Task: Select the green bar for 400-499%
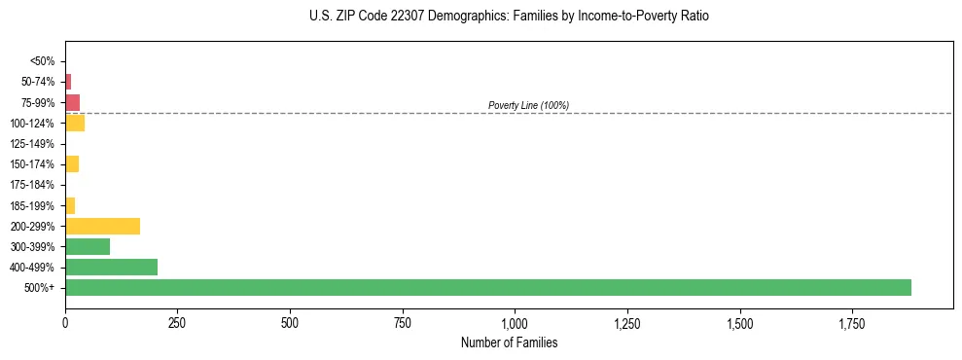pos(111,267)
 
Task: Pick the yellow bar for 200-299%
pos(102,226)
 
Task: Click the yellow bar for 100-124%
pos(75,123)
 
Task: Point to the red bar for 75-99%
pos(72,102)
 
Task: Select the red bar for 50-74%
pos(68,82)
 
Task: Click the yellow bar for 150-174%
pos(72,163)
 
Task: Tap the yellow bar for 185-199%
pos(70,205)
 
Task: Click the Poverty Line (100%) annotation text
pos(528,105)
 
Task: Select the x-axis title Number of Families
pos(509,343)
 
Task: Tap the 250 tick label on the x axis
pos(177,322)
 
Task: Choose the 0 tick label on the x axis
pos(65,322)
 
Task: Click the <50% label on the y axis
pos(43,61)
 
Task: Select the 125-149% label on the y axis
pos(33,144)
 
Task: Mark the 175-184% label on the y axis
pos(33,185)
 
